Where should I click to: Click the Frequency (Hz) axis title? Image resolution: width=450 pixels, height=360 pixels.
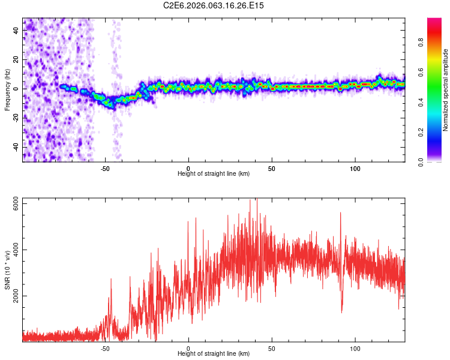coord(7,90)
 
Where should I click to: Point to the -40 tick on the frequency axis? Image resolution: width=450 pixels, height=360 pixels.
coord(16,146)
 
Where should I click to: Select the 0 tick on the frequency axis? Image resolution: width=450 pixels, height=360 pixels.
coord(16,89)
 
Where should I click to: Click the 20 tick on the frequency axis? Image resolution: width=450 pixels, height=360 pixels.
coord(16,60)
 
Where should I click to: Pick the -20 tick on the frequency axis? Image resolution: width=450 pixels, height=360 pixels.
coord(16,118)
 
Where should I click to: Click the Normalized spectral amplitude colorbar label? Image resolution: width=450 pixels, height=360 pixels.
coord(445,90)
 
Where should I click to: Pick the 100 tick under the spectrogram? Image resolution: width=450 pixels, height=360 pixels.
coord(355,167)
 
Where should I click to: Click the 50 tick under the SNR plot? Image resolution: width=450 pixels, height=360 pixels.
coord(271,348)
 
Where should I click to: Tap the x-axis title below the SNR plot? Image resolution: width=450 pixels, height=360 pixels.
coord(214,354)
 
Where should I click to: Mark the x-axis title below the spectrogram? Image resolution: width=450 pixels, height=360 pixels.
coord(214,173)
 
